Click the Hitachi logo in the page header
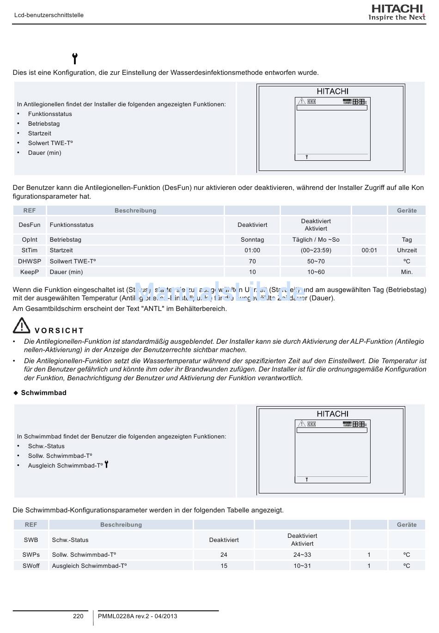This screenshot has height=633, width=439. point(396,12)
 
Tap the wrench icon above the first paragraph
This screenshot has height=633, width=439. point(75,59)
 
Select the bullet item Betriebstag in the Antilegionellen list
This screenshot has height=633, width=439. point(44,124)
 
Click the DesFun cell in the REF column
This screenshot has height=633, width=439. point(30,225)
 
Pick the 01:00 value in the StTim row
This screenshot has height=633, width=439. point(252,250)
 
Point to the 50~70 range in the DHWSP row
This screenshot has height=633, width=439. point(316,262)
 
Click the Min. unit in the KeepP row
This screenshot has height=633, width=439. point(407,272)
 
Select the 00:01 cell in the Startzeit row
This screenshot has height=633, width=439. point(369,250)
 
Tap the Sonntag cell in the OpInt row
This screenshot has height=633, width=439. point(252,240)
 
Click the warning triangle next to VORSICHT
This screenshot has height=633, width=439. point(21,326)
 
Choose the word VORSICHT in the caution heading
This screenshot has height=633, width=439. point(59,331)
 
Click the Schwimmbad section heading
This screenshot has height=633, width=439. point(43,393)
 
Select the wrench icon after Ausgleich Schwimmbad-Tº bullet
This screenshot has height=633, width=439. point(107,464)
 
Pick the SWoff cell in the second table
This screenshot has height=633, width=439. point(31,566)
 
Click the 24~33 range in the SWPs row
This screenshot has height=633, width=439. point(302,555)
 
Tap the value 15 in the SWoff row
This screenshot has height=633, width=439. point(224,566)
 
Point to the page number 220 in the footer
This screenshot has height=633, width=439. point(79,616)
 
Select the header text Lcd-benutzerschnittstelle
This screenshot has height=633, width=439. point(49,15)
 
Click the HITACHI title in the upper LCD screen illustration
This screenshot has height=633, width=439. point(332,91)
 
